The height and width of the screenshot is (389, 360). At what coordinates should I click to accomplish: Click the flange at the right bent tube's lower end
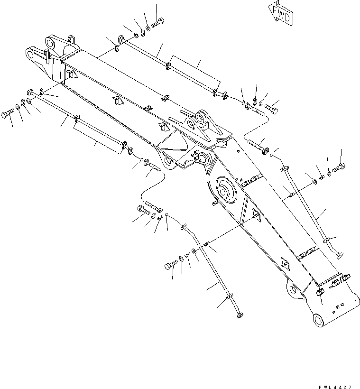pyautogui.click(x=338, y=256)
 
